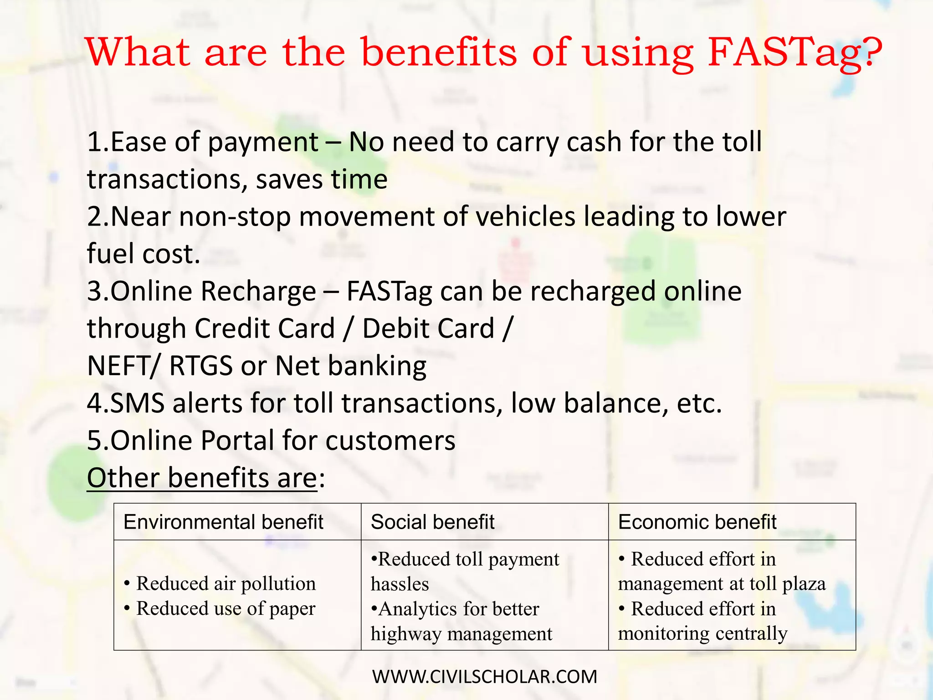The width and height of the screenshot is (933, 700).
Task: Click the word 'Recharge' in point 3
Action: (258, 291)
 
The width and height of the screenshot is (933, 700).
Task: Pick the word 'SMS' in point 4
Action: (137, 403)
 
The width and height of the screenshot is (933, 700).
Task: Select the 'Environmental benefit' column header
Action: (223, 522)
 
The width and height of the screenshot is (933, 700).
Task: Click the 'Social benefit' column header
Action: (432, 522)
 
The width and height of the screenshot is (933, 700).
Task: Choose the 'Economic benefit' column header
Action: (697, 522)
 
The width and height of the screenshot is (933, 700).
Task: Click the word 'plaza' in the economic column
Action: (804, 584)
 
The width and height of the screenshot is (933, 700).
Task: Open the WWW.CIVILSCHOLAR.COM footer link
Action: (484, 677)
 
